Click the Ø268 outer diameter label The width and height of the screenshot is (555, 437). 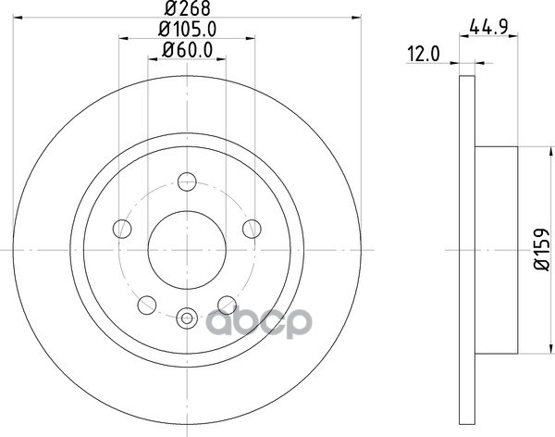(x=187, y=7)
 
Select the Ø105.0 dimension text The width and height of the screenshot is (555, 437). (x=187, y=29)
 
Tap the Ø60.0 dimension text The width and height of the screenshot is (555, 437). (x=187, y=50)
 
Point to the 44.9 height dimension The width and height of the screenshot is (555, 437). (x=488, y=27)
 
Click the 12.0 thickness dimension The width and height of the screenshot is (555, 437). (x=424, y=55)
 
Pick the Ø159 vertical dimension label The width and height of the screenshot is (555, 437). (x=541, y=249)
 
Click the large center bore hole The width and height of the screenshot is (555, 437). (x=187, y=250)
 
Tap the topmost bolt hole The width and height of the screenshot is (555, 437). (x=187, y=181)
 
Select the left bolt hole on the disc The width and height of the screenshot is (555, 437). (x=122, y=229)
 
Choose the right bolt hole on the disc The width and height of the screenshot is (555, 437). (x=252, y=229)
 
